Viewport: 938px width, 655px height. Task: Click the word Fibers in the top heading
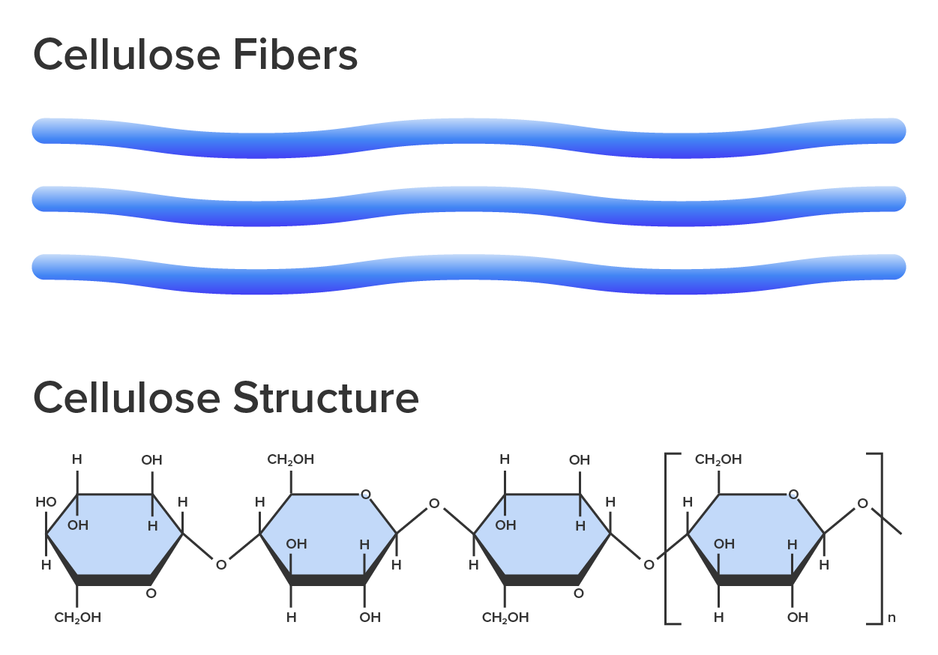(294, 55)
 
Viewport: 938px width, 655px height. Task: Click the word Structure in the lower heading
(325, 398)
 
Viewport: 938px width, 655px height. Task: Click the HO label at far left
(45, 501)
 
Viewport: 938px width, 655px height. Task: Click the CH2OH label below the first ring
(77, 618)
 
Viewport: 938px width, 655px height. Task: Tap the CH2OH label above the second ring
(290, 459)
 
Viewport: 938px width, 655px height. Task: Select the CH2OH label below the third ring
(505, 618)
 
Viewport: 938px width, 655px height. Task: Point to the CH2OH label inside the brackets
(718, 459)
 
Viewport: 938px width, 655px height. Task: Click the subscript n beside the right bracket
(891, 619)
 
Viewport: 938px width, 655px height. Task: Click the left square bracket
(669, 537)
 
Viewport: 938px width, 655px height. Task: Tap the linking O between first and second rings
(220, 564)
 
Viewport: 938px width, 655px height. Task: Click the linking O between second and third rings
(433, 504)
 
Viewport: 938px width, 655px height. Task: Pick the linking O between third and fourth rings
(649, 564)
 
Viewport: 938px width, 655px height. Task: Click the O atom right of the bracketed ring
(862, 504)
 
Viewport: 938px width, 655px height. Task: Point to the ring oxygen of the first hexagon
(151, 593)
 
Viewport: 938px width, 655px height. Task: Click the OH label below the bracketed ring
(797, 618)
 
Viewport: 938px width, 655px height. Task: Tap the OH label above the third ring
(579, 459)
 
